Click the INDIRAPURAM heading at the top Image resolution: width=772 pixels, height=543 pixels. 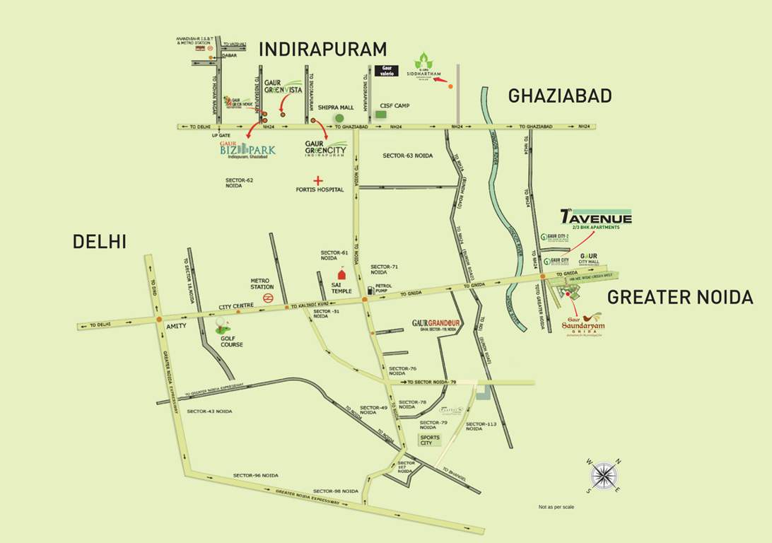[x=323, y=49]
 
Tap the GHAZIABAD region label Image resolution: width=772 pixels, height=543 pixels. [x=559, y=96]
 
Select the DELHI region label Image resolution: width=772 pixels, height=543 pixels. [x=99, y=242]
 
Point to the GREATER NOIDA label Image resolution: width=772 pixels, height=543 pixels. [x=680, y=298]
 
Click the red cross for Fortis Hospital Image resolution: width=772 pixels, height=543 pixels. [x=319, y=180]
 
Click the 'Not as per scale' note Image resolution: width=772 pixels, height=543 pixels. [x=556, y=507]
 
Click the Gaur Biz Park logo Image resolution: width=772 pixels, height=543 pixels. [x=247, y=150]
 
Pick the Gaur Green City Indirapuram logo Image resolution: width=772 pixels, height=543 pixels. [x=326, y=149]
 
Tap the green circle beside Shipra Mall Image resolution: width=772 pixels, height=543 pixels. [x=339, y=117]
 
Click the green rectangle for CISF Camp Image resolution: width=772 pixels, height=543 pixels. [x=381, y=114]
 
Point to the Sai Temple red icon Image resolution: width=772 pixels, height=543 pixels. [x=342, y=274]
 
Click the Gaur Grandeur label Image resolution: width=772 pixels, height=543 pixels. [x=436, y=325]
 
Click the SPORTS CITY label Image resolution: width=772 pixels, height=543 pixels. [x=431, y=440]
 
